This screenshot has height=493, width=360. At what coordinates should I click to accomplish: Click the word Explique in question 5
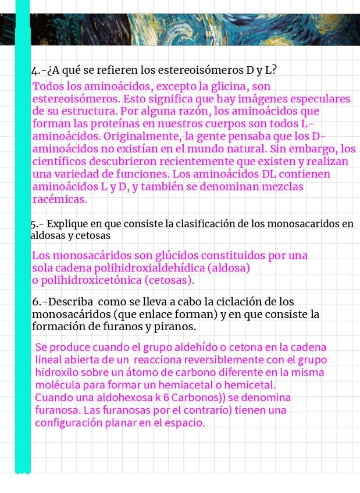[x=69, y=224]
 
